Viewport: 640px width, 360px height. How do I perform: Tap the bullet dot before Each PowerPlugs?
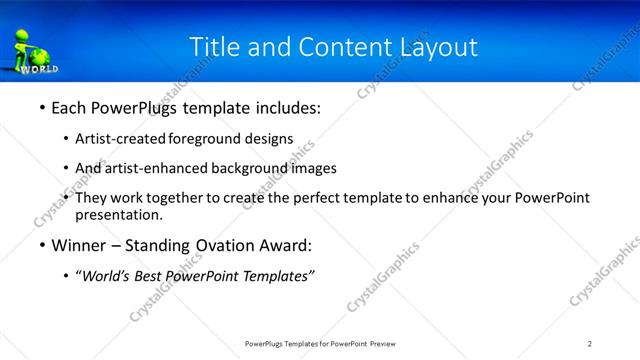point(41,106)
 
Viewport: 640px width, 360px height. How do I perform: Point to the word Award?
point(290,246)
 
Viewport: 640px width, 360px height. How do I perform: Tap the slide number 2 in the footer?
point(590,345)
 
